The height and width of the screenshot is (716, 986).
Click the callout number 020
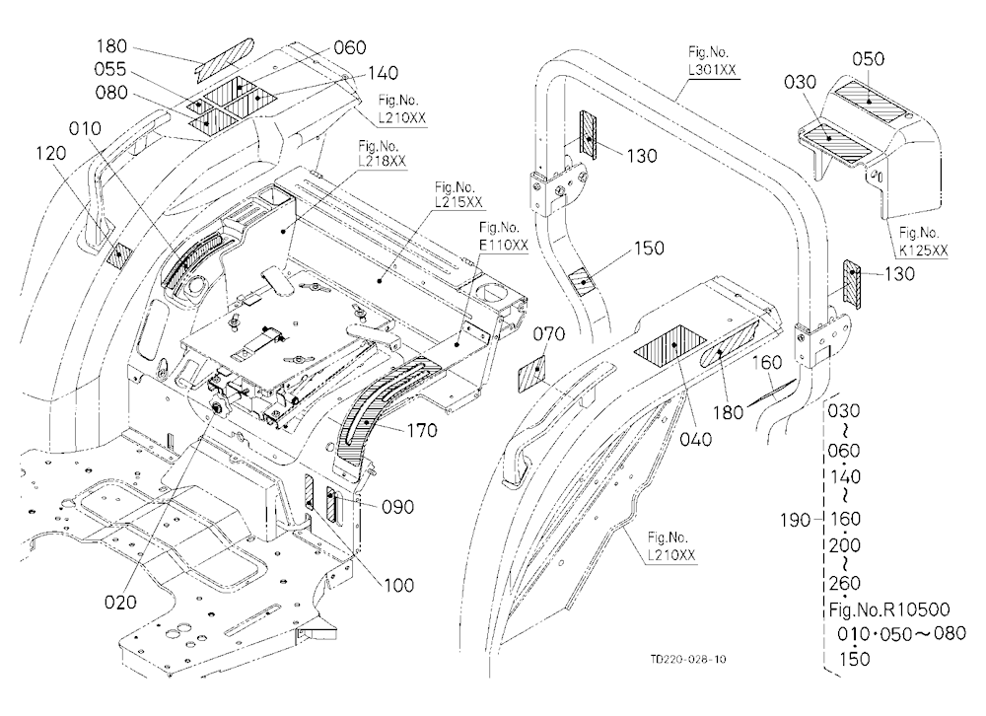[120, 603]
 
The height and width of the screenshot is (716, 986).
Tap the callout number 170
[422, 430]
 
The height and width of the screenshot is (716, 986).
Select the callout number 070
[549, 333]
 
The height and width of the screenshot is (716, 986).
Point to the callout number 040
[696, 439]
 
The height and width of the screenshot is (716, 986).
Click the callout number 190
[797, 521]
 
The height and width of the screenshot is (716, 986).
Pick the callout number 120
[51, 153]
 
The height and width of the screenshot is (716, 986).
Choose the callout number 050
[869, 59]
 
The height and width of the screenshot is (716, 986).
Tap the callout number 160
[766, 362]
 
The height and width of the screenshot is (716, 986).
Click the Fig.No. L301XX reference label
[712, 61]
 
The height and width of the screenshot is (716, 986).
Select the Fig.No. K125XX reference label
[923, 242]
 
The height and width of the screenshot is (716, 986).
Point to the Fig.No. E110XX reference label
[504, 236]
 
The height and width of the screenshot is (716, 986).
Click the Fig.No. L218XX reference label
[383, 154]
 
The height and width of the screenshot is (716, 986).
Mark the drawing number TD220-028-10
[688, 660]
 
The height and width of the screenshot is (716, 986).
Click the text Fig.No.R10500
[889, 609]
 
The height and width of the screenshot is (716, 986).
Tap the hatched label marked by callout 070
[531, 373]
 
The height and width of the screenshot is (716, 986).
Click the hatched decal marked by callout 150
[583, 278]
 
